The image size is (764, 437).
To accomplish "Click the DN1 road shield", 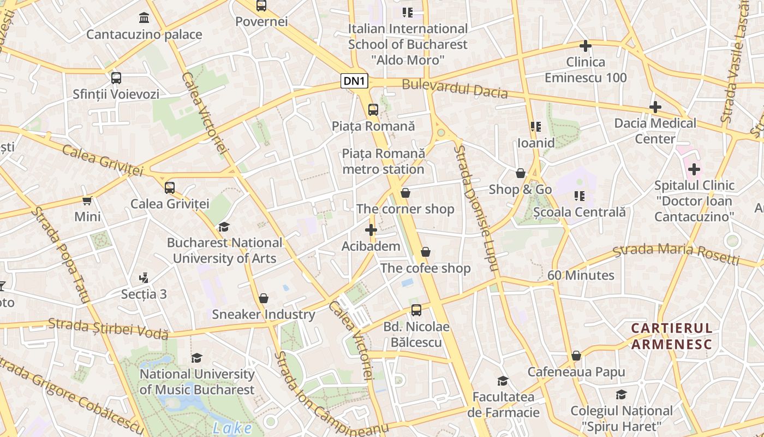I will [355, 81].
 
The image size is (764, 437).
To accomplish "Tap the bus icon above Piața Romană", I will [373, 110].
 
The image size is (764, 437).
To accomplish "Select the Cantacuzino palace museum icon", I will [144, 18].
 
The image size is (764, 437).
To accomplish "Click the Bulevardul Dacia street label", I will [455, 89].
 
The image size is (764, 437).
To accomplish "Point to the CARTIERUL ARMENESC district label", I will [672, 336].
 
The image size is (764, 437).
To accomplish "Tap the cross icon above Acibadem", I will [371, 230].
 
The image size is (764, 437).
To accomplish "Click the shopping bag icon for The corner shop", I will [405, 193].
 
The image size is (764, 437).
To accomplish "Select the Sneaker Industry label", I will [264, 314].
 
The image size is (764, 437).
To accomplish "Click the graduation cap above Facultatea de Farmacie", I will [503, 381].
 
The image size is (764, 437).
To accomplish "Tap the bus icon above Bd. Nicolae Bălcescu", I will [416, 310].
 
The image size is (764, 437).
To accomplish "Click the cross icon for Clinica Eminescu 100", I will [586, 46].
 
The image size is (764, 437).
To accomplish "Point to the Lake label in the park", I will [232, 428].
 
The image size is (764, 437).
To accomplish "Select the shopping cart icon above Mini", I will [87, 200].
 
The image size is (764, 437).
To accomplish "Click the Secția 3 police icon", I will [144, 278].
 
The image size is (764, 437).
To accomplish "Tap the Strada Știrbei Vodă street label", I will [108, 327].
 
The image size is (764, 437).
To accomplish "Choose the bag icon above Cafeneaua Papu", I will [576, 356].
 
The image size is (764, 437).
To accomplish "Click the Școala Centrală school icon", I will [580, 196].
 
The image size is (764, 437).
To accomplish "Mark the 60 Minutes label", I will [581, 275].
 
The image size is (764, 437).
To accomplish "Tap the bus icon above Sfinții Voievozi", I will [116, 78].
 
